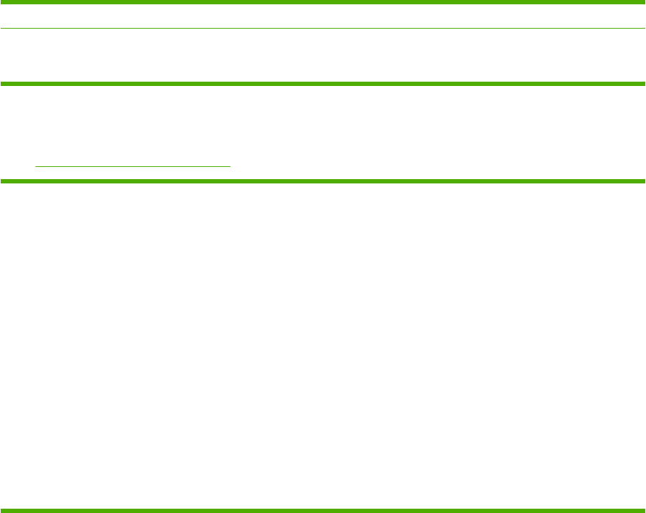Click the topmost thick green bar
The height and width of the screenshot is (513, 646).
[323, 2]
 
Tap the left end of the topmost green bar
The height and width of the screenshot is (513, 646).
[2, 2]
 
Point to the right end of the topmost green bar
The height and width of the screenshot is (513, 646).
[643, 2]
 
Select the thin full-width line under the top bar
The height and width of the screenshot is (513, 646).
[323, 29]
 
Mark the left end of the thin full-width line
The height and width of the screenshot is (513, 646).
[2, 29]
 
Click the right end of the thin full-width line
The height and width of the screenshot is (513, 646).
[643, 29]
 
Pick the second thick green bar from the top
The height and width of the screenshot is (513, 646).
[323, 84]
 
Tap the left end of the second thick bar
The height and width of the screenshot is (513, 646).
[2, 84]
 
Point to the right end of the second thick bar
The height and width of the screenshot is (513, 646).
[643, 84]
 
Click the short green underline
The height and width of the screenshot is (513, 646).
[133, 166]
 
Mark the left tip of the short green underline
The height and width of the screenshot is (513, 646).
[36, 166]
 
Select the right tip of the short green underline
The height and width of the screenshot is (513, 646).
[230, 166]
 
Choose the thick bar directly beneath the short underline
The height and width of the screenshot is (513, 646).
[323, 181]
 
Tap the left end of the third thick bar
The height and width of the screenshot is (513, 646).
[2, 181]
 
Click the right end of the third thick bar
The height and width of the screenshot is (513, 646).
[643, 181]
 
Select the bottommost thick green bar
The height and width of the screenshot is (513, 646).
[323, 510]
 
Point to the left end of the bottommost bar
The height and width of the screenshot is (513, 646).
[2, 510]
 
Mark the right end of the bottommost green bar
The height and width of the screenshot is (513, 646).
[643, 510]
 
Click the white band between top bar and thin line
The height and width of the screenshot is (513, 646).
[323, 16]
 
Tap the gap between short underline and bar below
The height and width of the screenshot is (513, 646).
[133, 173]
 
